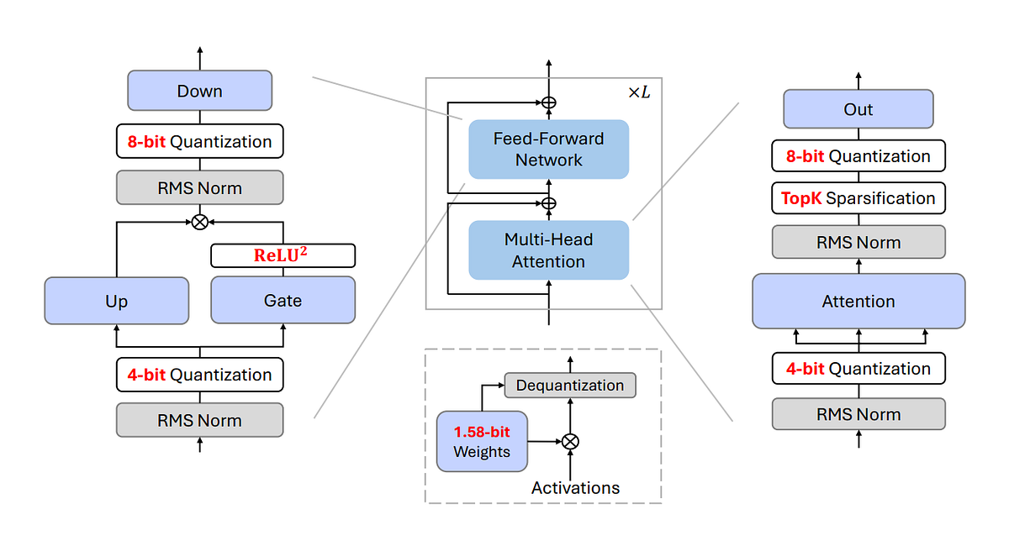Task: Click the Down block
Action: [x=199, y=91]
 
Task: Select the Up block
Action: [x=116, y=301]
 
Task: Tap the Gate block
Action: [x=283, y=301]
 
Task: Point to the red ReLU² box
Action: [x=283, y=255]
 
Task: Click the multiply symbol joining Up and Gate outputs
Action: [x=199, y=222]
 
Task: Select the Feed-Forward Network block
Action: [x=548, y=149]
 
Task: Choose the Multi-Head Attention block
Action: [x=548, y=250]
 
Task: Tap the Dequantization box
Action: [x=570, y=386]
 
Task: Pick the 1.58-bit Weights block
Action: [x=481, y=441]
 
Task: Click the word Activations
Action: [x=575, y=488]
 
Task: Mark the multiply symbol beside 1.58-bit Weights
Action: [x=570, y=441]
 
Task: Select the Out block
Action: [x=858, y=109]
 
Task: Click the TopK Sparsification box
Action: [x=858, y=198]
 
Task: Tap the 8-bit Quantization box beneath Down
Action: [x=199, y=142]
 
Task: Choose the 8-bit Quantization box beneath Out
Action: [x=858, y=156]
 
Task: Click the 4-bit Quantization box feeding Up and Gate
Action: [x=199, y=375]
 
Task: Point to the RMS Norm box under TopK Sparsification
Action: [x=858, y=243]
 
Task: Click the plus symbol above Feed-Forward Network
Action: [x=548, y=102]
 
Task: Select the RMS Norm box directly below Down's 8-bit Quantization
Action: [x=199, y=188]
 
